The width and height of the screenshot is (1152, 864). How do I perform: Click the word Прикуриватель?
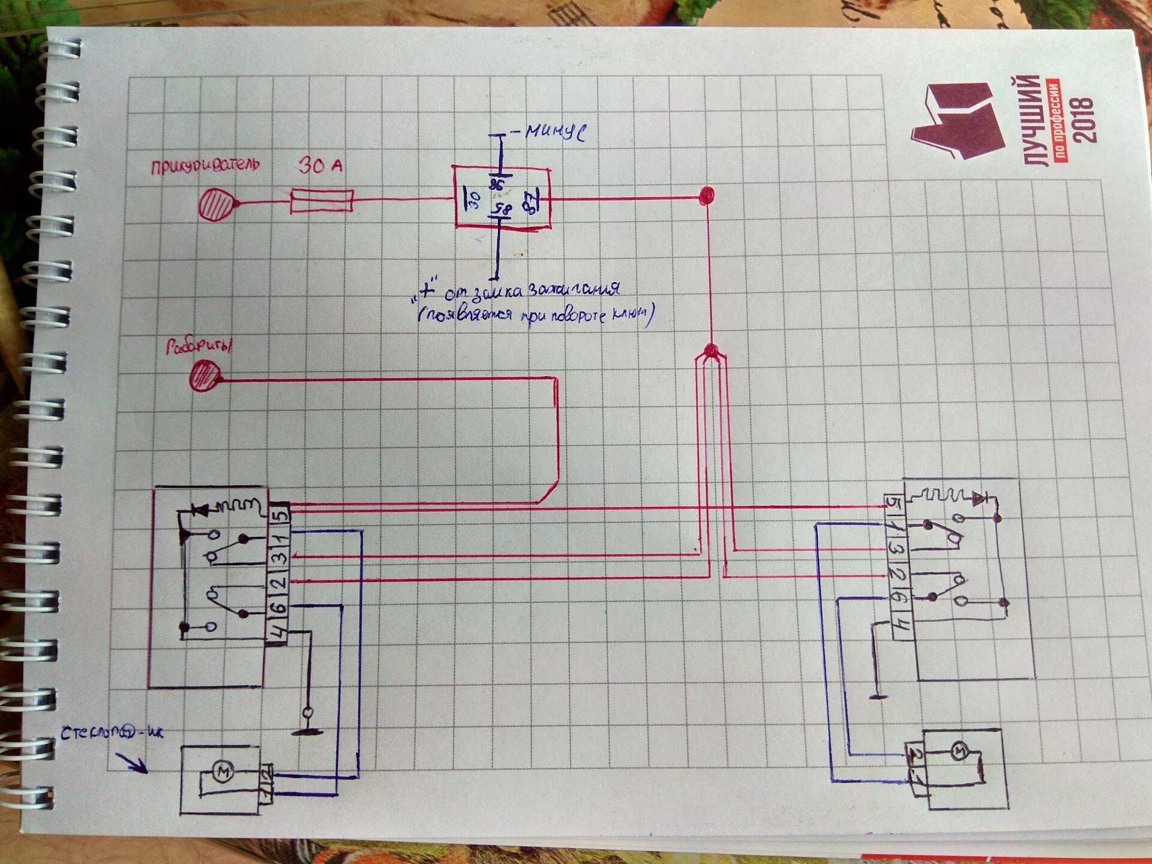[205, 165]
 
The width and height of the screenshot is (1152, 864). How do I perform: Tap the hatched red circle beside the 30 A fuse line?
[216, 205]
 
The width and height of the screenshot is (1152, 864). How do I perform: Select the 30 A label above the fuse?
[320, 165]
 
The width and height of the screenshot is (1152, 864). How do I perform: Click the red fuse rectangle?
[322, 200]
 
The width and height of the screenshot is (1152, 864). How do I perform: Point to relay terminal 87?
[532, 202]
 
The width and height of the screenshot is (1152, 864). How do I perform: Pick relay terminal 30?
[473, 199]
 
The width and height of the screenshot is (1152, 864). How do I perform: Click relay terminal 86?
[497, 184]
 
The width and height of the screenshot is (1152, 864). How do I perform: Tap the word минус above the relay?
[555, 131]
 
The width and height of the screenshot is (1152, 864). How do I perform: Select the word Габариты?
[199, 347]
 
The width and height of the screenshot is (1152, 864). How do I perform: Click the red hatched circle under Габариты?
[205, 376]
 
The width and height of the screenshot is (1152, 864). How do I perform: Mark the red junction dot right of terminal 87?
[707, 194]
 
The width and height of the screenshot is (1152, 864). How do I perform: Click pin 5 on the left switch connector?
[280, 514]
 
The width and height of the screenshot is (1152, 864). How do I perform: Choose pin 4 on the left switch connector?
[277, 632]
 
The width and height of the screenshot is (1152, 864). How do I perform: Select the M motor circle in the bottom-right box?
[959, 750]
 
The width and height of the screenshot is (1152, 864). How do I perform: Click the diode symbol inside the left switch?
[200, 510]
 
